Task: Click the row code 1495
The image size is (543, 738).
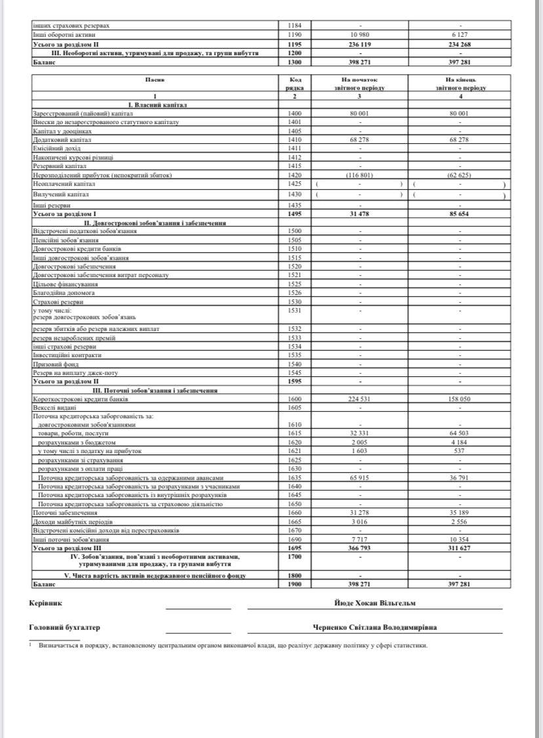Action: pyautogui.click(x=294, y=214)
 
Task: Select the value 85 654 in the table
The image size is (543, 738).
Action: pyautogui.click(x=459, y=214)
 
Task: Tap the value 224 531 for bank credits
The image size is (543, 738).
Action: pyautogui.click(x=360, y=399)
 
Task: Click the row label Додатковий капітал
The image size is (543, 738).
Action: pyautogui.click(x=62, y=140)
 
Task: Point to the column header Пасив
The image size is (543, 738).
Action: pyautogui.click(x=155, y=79)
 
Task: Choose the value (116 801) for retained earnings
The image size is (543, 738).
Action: pyautogui.click(x=360, y=175)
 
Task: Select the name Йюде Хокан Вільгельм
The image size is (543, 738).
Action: pyautogui.click(x=374, y=603)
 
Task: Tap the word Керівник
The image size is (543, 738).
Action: pyautogui.click(x=46, y=603)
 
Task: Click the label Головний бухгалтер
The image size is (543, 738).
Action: pyautogui.click(x=65, y=627)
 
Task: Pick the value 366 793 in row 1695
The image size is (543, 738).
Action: pyautogui.click(x=360, y=547)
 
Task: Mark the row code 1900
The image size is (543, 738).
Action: pyautogui.click(x=294, y=582)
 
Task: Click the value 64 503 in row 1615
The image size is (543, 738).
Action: pyautogui.click(x=459, y=433)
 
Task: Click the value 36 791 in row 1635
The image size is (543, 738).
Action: pyautogui.click(x=459, y=478)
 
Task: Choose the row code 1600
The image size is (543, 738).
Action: pyautogui.click(x=294, y=399)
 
